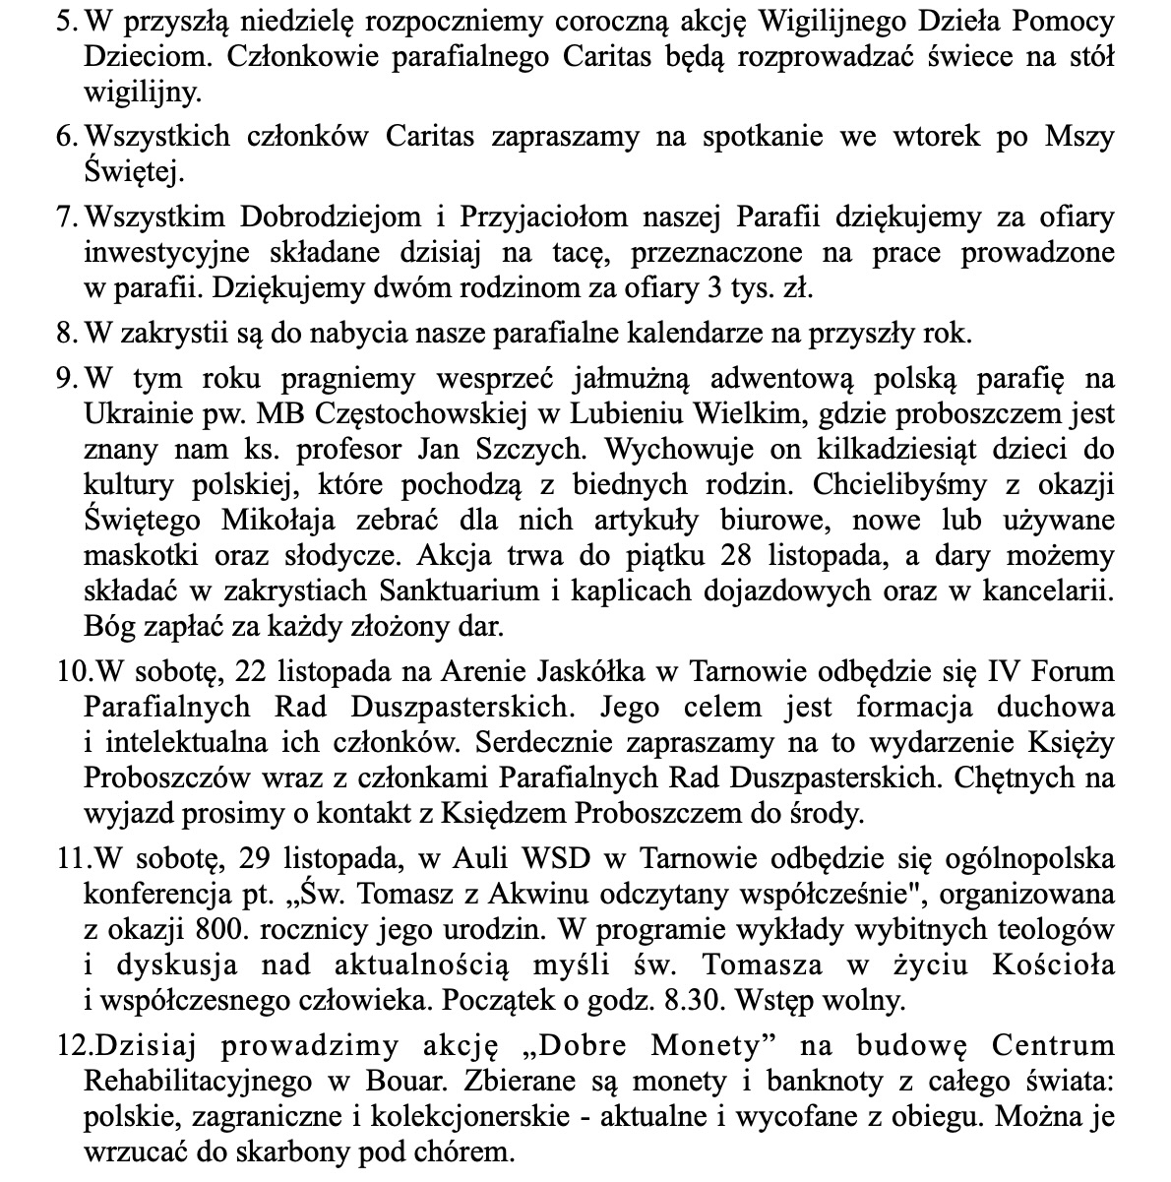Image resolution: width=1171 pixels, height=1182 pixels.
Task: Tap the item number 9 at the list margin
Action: (x=65, y=378)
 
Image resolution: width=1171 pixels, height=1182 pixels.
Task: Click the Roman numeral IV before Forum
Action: (x=1004, y=672)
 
